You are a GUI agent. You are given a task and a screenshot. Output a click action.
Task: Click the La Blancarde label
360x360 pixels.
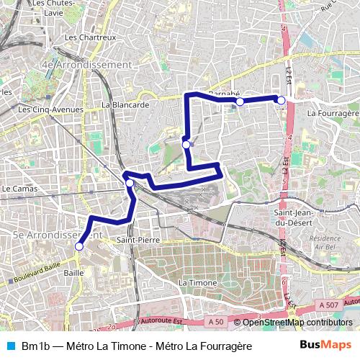click(125, 104)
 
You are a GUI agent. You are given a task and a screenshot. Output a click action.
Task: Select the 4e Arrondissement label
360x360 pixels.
click(87, 65)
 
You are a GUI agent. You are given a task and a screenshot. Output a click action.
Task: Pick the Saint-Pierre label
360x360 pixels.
click(137, 239)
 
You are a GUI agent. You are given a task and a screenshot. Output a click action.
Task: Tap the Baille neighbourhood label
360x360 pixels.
click(73, 273)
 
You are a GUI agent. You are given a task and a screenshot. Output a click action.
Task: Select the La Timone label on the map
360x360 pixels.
click(197, 283)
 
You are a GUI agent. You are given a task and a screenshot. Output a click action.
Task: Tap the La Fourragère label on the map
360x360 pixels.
click(332, 113)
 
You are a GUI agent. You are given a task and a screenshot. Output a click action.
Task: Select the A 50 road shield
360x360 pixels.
click(215, 321)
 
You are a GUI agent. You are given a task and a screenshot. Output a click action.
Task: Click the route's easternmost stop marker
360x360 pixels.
click(282, 100)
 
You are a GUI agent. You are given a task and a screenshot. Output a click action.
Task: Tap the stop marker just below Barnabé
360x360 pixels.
click(240, 102)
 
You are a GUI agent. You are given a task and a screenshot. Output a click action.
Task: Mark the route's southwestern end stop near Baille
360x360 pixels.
click(78, 246)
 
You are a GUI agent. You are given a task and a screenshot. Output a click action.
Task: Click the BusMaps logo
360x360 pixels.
click(325, 345)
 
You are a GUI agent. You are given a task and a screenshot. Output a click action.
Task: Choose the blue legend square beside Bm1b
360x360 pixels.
click(9, 346)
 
